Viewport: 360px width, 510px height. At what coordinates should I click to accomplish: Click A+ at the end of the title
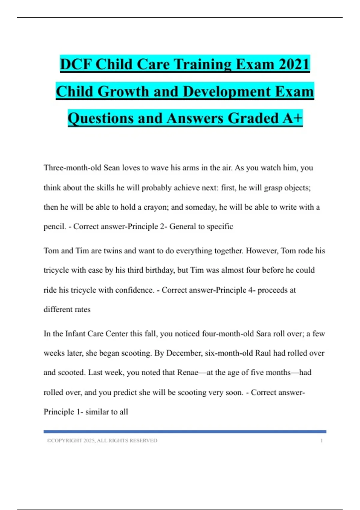pos(292,118)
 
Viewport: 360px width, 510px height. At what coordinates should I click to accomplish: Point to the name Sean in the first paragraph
pos(112,168)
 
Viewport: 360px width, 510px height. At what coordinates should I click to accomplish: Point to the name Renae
pos(187,373)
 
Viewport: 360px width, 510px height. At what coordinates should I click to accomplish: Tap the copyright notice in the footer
pos(102,441)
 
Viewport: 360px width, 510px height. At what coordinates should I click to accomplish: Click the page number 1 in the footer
pos(321,441)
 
